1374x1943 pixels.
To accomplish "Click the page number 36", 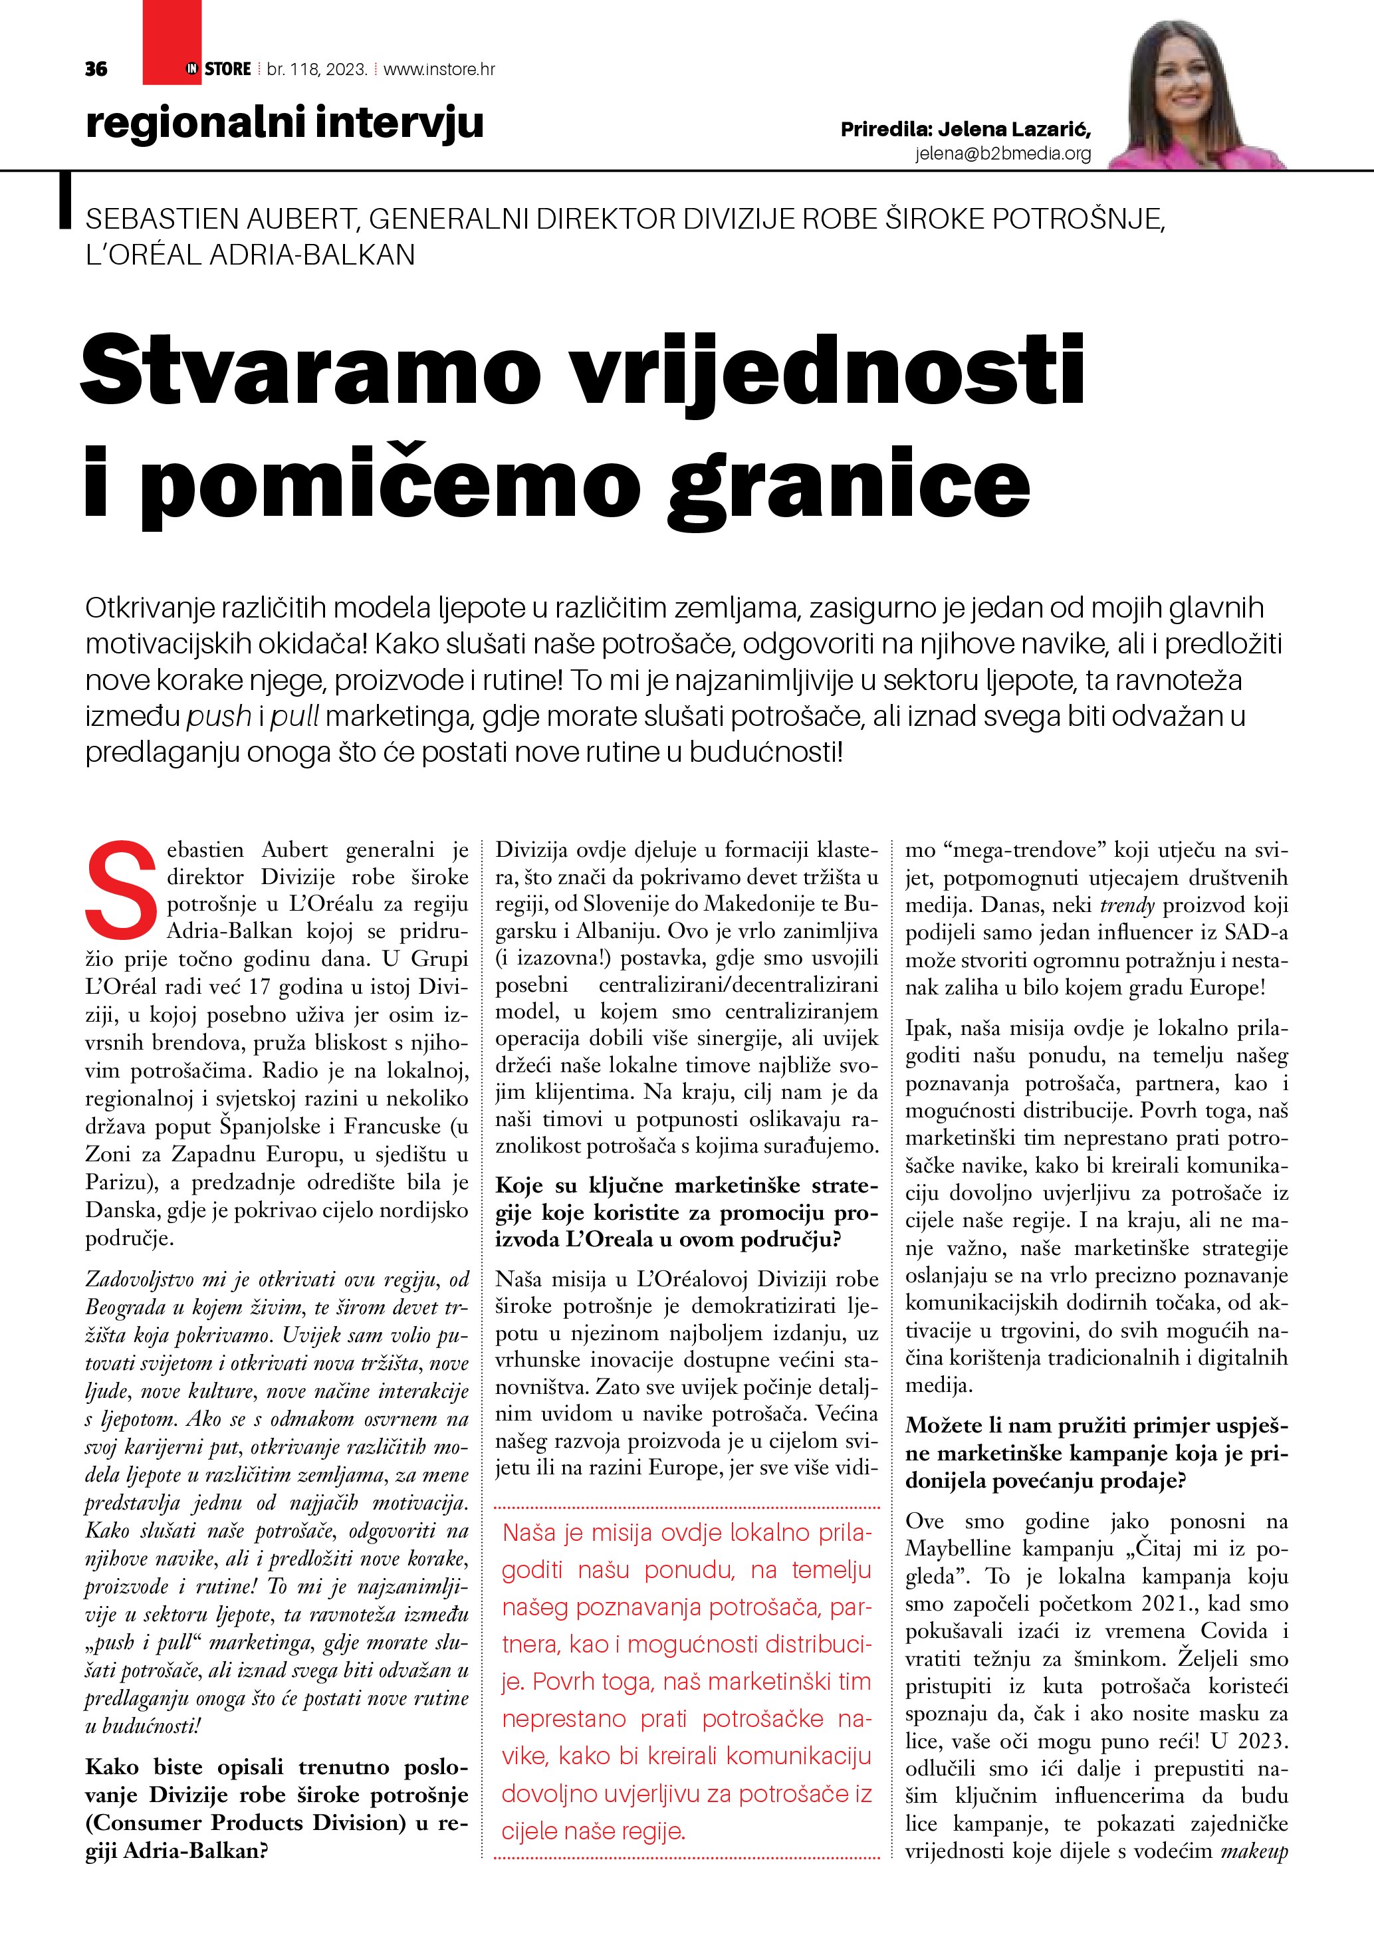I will pos(96,69).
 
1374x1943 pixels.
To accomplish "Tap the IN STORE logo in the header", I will pos(218,68).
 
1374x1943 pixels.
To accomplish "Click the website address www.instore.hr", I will pos(439,69).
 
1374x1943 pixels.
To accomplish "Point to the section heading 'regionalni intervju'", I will pos(285,123).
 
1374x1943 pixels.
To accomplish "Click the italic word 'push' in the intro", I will pos(219,717).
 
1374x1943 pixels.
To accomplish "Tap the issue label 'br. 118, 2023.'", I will pos(316,69).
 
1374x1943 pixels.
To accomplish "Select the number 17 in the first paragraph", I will pos(261,986).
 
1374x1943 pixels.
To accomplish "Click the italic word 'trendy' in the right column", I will pos(1127,905).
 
